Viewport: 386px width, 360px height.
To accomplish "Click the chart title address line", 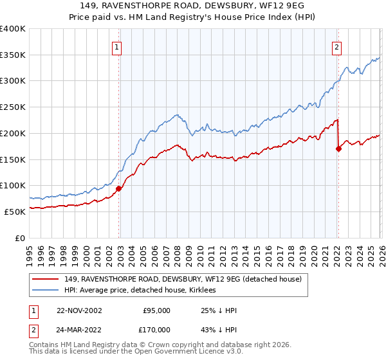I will click(x=193, y=6).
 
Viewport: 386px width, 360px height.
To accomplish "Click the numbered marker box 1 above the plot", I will click(x=117, y=46).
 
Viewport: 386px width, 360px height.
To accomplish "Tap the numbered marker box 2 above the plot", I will click(x=336, y=46).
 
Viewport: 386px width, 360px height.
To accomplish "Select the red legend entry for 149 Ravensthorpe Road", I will click(x=187, y=279).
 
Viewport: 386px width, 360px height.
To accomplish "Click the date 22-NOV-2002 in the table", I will click(x=78, y=310).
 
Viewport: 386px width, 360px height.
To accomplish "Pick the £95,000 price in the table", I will click(x=156, y=310).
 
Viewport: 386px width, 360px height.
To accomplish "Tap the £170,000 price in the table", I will click(x=156, y=329).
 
